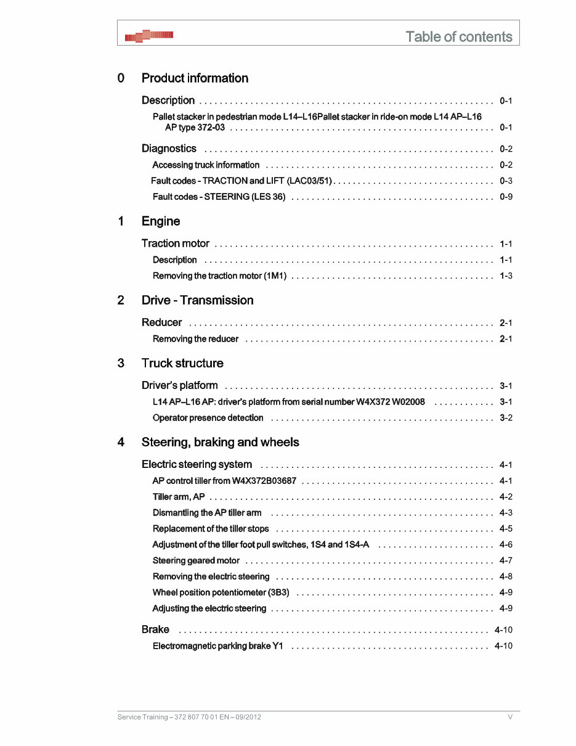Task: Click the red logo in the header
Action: pyautogui.click(x=148, y=36)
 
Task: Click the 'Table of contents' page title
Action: pyautogui.click(x=458, y=37)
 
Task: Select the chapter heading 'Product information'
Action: pyautogui.click(x=195, y=78)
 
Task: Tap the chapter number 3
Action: pyautogui.click(x=121, y=363)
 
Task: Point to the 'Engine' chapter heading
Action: pyautogui.click(x=161, y=221)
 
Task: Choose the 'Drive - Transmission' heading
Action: pyautogui.click(x=197, y=300)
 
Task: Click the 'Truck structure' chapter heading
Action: pyautogui.click(x=182, y=363)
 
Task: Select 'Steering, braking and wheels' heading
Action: pyautogui.click(x=220, y=442)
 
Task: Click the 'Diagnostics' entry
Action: pyautogui.click(x=169, y=149)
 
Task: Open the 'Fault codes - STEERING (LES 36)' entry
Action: pyautogui.click(x=219, y=197)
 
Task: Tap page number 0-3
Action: pyautogui.click(x=506, y=181)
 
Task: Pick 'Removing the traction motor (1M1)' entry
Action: pyautogui.click(x=219, y=276)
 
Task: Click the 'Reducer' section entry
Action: pyautogui.click(x=161, y=322)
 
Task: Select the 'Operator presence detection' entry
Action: pyautogui.click(x=208, y=417)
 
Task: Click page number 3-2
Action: pyautogui.click(x=506, y=417)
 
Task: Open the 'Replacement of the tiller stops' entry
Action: pyautogui.click(x=211, y=528)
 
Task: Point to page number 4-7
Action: pyautogui.click(x=506, y=560)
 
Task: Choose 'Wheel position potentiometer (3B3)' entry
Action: pyautogui.click(x=221, y=592)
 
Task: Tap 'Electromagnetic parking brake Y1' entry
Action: pyautogui.click(x=217, y=646)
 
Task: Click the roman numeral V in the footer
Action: pyautogui.click(x=510, y=717)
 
